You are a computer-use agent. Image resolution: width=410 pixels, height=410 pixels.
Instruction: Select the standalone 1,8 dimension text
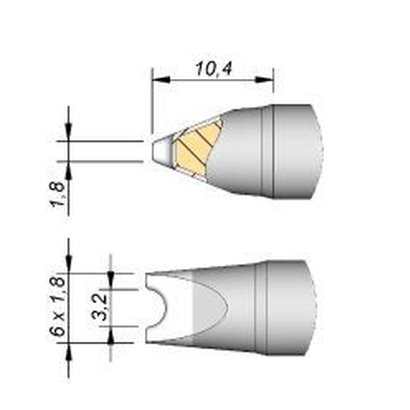[x=59, y=195]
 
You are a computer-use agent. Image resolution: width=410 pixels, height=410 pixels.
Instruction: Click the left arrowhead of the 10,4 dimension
[x=158, y=80]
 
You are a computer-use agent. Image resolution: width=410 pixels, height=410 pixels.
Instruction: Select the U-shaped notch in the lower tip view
[x=158, y=307]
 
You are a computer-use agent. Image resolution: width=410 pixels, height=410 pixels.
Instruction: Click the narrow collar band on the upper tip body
[x=267, y=152]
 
